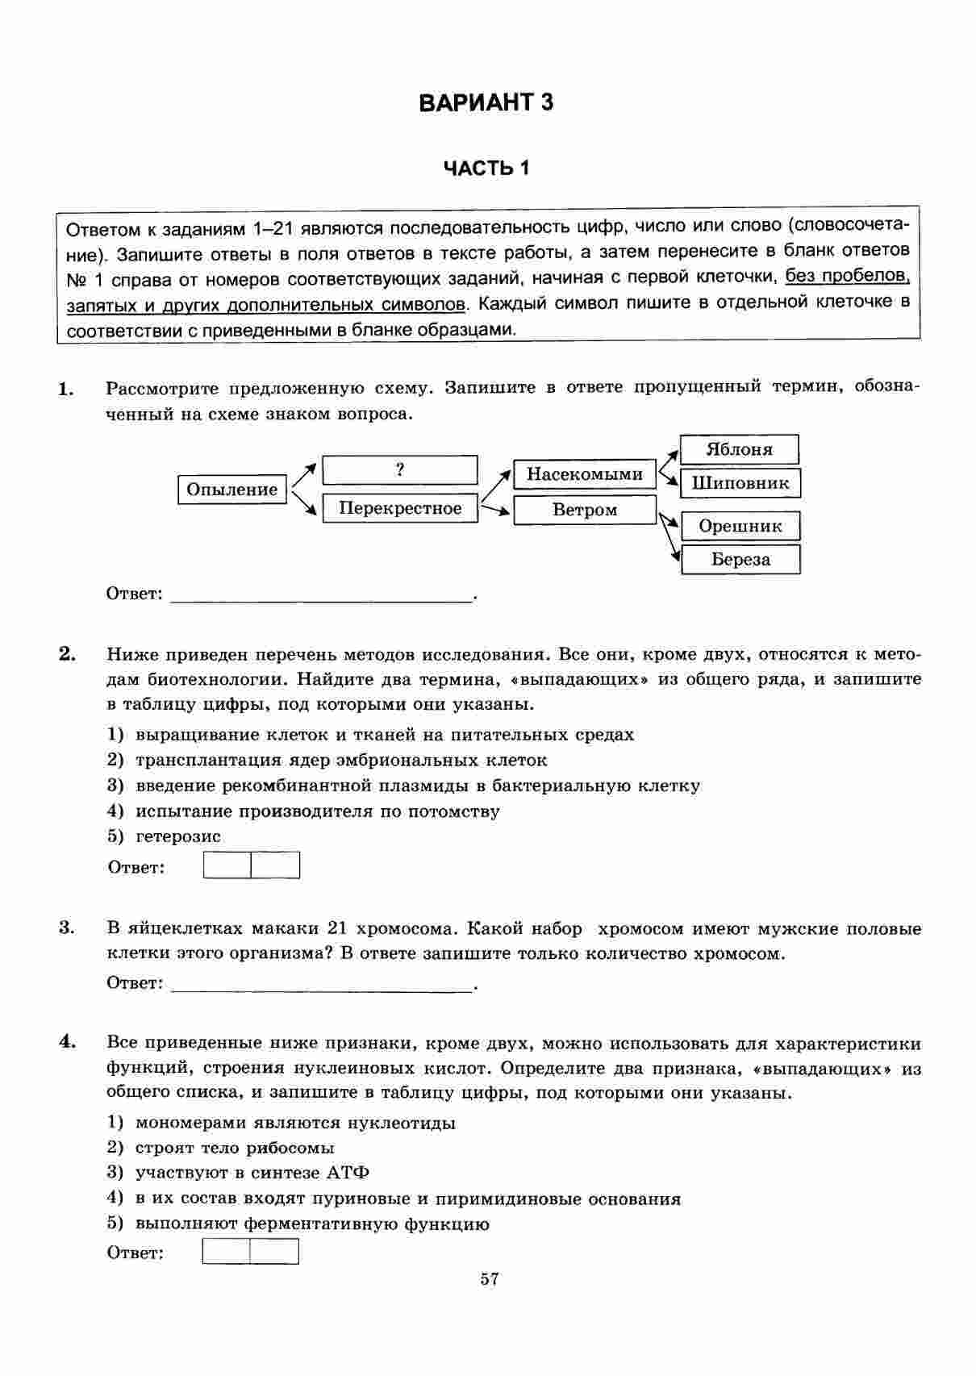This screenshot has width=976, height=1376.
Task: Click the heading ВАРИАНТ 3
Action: [x=486, y=103]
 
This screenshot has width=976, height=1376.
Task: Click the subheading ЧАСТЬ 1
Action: [x=486, y=169]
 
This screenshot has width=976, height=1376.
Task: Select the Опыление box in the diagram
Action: [x=232, y=490]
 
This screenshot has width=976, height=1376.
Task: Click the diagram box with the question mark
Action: [x=399, y=470]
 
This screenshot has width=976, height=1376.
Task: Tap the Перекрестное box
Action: [x=400, y=508]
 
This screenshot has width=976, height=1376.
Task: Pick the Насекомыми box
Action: [x=584, y=474]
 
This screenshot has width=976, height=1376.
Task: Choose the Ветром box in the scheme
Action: [x=584, y=510]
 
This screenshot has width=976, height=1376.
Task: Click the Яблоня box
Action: [x=739, y=449]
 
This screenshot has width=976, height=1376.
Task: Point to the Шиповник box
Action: [x=740, y=484]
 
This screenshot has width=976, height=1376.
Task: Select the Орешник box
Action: [x=740, y=526]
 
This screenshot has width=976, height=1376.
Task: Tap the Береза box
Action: [x=740, y=560]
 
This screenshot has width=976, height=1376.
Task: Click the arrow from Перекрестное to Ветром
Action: [x=495, y=509]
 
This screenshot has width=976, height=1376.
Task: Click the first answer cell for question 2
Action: [x=227, y=865]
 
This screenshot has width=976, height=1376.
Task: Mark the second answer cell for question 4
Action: [x=274, y=1251]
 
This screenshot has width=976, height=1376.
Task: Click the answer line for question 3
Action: [x=323, y=986]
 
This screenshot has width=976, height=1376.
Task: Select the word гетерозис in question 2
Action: [x=178, y=836]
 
